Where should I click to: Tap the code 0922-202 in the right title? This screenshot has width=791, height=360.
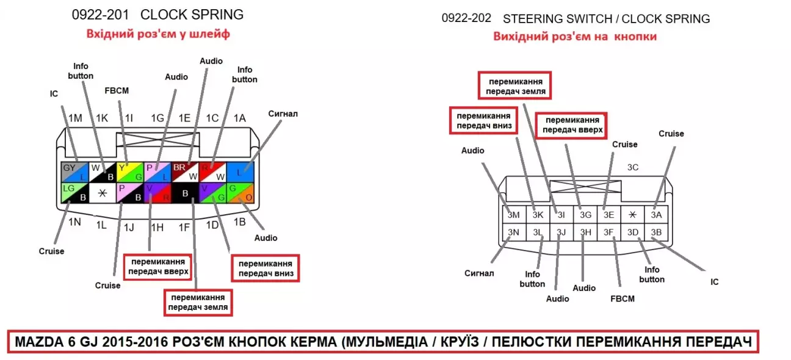(466, 18)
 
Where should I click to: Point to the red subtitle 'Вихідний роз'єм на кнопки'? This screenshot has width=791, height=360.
(575, 37)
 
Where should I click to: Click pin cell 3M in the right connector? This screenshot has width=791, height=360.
(513, 214)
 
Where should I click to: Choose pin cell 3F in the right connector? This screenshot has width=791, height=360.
(609, 232)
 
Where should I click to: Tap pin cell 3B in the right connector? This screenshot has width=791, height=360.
(656, 232)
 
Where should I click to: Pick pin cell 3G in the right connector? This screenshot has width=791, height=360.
(585, 214)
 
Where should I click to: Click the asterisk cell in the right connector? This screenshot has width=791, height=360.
(633, 214)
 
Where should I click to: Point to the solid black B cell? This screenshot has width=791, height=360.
(183, 192)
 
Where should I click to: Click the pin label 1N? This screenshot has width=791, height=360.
(74, 221)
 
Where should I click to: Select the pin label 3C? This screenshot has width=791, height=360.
(633, 167)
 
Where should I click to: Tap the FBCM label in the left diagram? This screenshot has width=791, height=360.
(117, 90)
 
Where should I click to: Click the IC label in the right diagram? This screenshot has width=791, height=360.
(714, 282)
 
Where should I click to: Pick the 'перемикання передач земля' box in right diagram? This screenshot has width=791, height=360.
(516, 87)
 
